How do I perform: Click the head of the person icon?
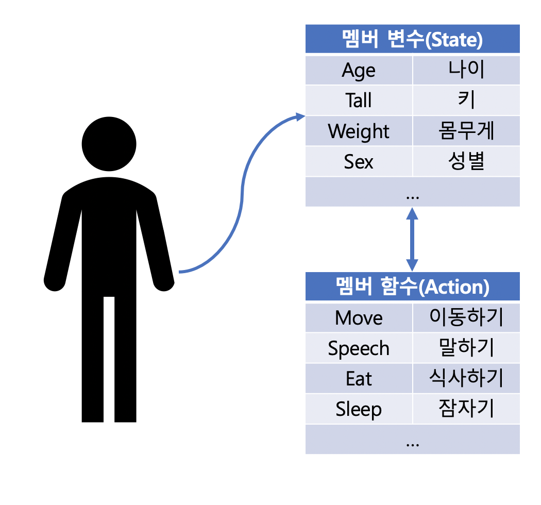(x=109, y=144)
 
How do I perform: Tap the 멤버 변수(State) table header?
(x=412, y=39)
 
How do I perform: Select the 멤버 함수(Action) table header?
(x=412, y=287)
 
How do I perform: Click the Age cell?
(x=359, y=71)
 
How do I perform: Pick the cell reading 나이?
(x=466, y=71)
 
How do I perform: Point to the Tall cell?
(x=359, y=100)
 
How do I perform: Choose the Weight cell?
(x=359, y=131)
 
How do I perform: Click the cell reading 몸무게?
(x=466, y=131)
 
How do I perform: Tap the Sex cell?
(x=359, y=161)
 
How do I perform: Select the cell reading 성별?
(x=466, y=161)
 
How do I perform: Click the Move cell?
(x=359, y=318)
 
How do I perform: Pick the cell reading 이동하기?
(x=466, y=318)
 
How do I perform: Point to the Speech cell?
(x=359, y=348)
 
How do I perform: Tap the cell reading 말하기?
(x=466, y=348)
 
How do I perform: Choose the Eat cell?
(x=359, y=379)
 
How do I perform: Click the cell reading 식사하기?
(x=466, y=379)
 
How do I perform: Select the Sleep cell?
(x=359, y=409)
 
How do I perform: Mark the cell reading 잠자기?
(x=466, y=409)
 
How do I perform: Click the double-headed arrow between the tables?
(x=412, y=239)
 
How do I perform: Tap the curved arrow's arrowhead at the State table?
(x=300, y=116)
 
